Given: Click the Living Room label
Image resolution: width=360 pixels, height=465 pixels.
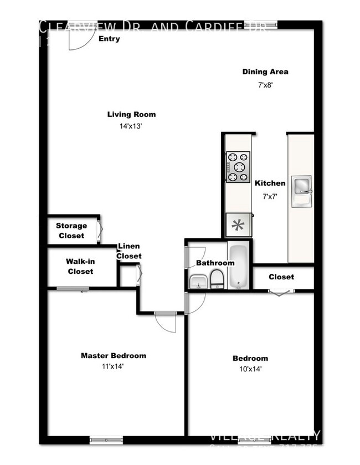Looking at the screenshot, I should point(131,115).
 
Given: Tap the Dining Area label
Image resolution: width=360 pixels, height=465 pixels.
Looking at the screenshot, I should point(265,71).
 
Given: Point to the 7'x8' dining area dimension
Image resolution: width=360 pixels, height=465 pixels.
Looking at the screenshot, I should point(265,85).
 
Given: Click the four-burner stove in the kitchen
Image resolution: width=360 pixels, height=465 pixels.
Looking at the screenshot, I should point(239,167).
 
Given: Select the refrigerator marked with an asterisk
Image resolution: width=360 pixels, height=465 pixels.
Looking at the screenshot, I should point(239,226).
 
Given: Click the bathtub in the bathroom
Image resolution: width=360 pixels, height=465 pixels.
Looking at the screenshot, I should point(239,265).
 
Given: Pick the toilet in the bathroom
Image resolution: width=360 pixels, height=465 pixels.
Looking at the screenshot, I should point(217,278).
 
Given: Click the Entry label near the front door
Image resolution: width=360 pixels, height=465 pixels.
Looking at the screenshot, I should point(109,39).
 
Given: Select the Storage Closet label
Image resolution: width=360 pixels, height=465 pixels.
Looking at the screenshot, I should point(71,231).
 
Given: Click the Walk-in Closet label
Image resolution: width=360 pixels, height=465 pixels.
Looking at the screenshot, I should point(80,266).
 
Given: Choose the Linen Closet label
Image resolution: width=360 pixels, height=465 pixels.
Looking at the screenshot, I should point(128,251).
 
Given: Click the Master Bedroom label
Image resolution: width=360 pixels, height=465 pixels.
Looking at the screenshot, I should point(114,355).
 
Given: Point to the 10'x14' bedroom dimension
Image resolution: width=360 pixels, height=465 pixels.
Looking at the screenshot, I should point(250,369).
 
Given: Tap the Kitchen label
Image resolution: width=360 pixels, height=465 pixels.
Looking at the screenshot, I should point(270,183).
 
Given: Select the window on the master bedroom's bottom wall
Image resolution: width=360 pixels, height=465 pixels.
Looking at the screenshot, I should point(106,441).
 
